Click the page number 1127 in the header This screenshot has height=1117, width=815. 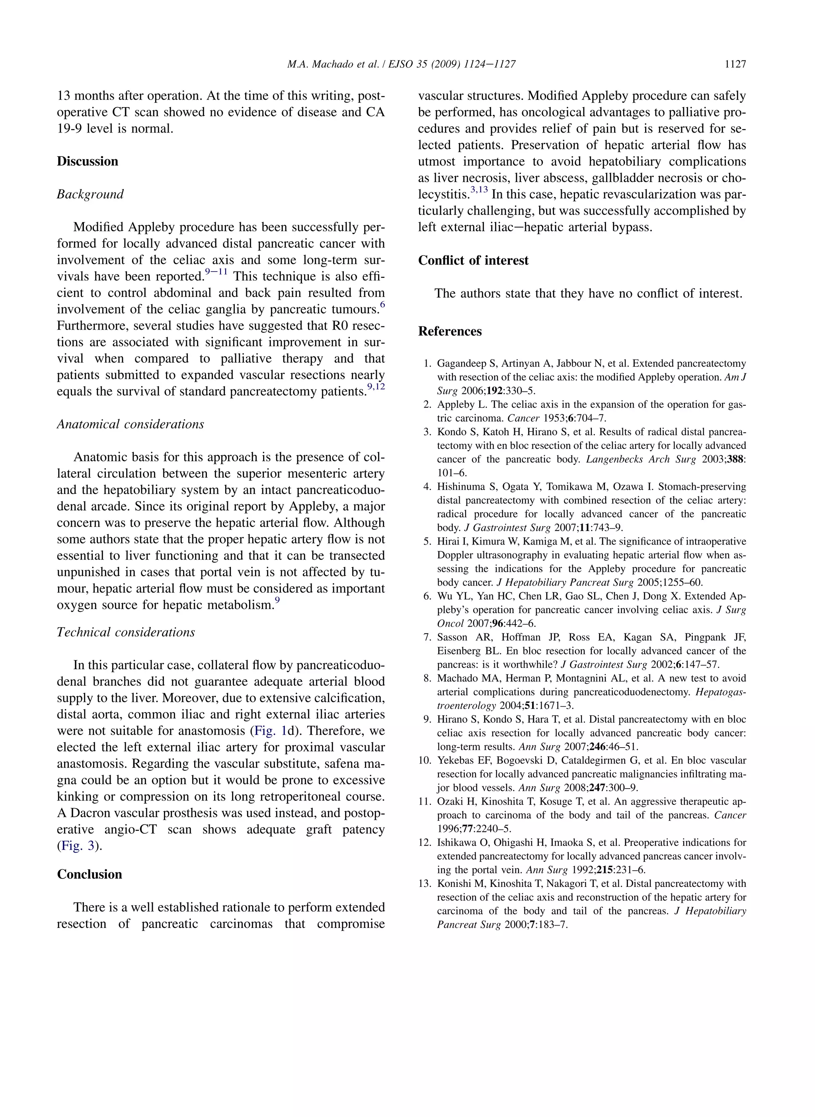(x=735, y=64)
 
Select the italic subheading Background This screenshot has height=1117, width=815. (x=90, y=194)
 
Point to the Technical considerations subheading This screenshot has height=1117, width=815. (x=126, y=632)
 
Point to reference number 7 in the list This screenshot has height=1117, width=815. (x=428, y=637)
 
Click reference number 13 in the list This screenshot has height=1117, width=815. (x=425, y=884)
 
